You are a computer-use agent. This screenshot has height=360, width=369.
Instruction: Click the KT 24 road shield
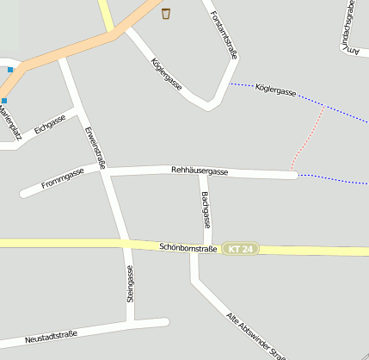(x=239, y=249)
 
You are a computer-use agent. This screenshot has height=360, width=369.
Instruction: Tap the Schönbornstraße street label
(x=188, y=248)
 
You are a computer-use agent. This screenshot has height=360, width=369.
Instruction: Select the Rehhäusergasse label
(x=200, y=171)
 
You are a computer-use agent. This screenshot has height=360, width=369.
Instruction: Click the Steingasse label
(x=130, y=284)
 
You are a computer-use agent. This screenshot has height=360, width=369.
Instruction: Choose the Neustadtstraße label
(x=51, y=335)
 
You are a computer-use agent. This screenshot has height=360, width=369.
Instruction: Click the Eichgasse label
(x=50, y=127)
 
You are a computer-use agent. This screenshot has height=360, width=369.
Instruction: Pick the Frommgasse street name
(x=62, y=177)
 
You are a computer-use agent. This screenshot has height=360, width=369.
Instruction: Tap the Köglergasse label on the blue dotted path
(x=276, y=90)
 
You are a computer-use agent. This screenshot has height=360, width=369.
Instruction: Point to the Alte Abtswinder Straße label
(x=255, y=336)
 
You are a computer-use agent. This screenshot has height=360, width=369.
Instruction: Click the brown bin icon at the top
(x=166, y=12)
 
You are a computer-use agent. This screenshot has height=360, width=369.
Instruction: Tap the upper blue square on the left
(x=10, y=69)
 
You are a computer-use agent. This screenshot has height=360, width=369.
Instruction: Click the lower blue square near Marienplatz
(x=3, y=101)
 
